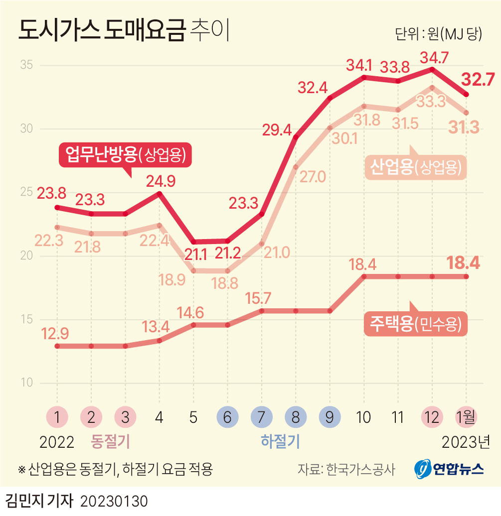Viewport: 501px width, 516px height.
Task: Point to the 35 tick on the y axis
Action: point(26,65)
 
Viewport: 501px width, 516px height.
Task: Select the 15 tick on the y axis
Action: point(26,320)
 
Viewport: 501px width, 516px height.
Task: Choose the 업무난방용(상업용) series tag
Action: point(126,154)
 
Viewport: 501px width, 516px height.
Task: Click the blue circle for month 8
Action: point(296,417)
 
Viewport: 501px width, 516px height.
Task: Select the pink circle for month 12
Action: point(432,417)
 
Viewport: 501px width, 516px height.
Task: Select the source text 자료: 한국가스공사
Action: point(346,469)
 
